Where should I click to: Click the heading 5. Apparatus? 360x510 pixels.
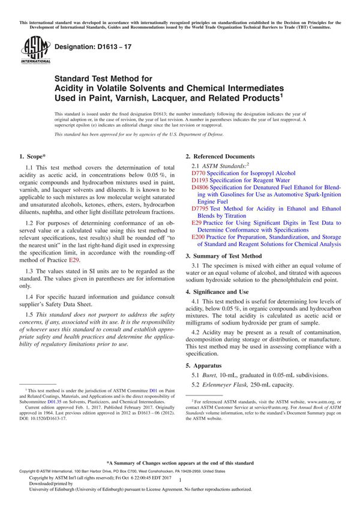pyautogui.click(x=207, y=365)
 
